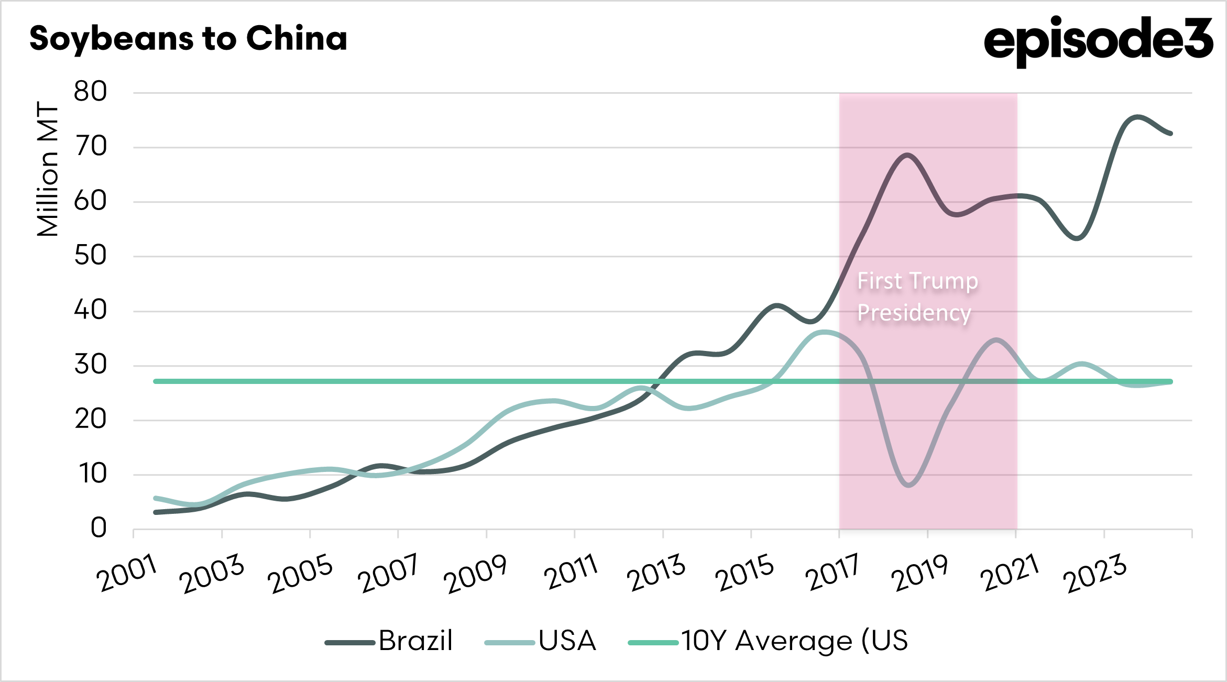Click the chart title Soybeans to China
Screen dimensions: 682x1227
tap(188, 39)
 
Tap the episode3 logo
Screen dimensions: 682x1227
tap(1098, 40)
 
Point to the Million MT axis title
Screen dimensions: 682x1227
tap(47, 169)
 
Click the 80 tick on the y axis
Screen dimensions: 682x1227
tap(90, 92)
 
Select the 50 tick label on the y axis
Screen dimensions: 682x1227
tap(90, 256)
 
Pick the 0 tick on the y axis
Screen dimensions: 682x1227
tap(98, 528)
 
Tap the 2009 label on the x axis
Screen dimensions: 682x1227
tap(476, 574)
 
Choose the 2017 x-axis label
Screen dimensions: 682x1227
tap(831, 573)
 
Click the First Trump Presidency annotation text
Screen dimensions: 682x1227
tap(917, 296)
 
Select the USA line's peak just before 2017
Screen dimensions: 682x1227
tap(824, 332)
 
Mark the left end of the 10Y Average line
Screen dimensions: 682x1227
tap(156, 381)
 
